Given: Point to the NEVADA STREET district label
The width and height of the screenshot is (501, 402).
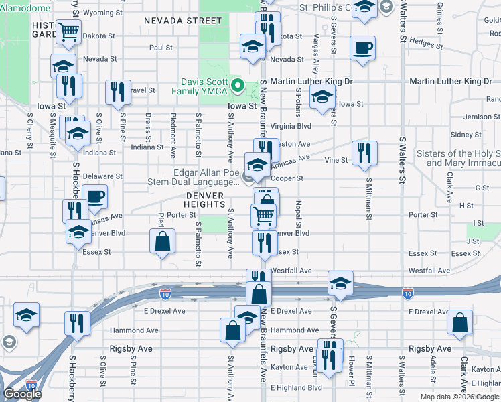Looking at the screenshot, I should coord(182,21).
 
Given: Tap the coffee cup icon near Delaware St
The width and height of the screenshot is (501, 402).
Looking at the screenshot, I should coord(95,197).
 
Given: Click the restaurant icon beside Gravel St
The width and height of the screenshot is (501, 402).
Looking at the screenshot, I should coord(118,92).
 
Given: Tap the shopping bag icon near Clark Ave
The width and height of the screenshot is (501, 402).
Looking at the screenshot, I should coord(461,322).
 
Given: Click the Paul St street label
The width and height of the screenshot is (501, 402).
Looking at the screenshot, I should coord(161,48).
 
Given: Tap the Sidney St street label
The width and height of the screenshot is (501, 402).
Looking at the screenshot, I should coord(462,135).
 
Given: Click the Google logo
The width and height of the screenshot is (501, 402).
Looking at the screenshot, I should coord(23,394).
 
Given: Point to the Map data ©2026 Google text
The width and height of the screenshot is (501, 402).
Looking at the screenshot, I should coord(459,397).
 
